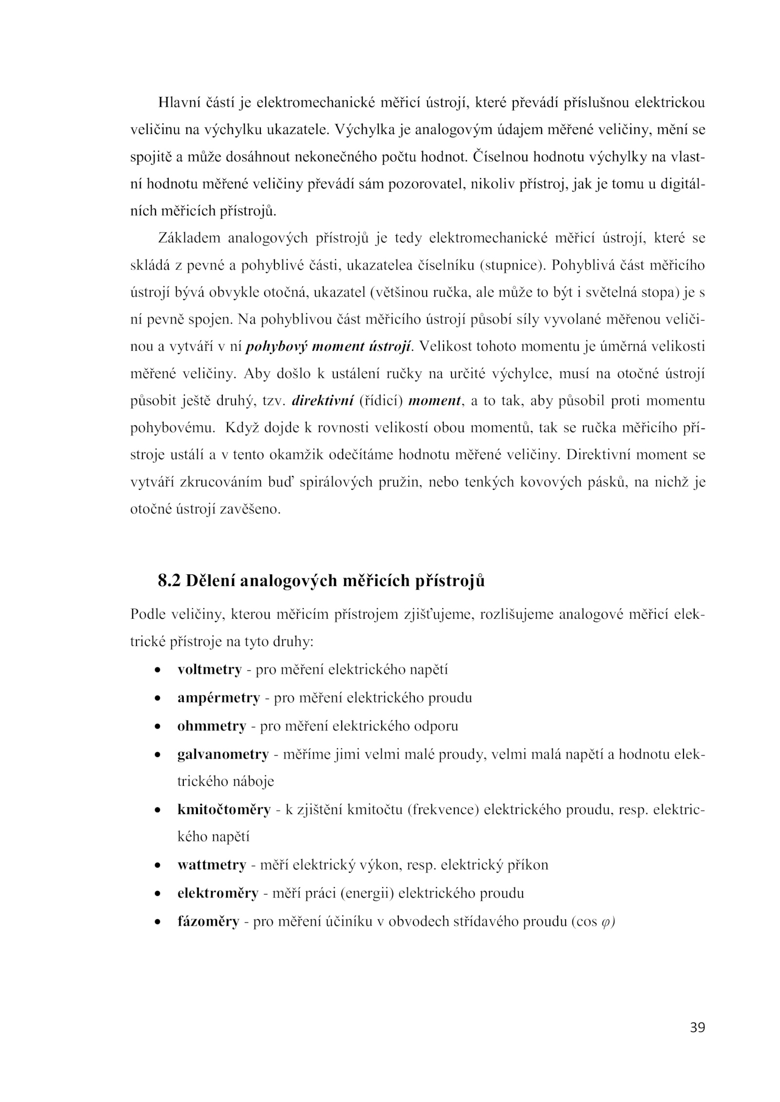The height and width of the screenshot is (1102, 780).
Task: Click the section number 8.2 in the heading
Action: tap(169, 581)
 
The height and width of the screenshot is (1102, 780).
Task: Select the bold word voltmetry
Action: tap(209, 670)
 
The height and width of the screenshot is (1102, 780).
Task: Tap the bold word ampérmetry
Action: tap(218, 698)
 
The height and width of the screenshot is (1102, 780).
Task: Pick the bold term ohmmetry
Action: tap(212, 726)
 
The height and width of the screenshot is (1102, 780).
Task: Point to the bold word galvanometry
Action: tap(223, 754)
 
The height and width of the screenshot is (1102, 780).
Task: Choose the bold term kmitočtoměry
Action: tap(224, 810)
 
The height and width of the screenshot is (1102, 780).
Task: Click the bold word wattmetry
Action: tap(212, 865)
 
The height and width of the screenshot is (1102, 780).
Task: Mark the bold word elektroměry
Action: tap(217, 893)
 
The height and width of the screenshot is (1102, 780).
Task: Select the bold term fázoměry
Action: tap(208, 922)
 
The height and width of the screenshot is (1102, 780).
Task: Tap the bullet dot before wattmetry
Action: tap(157, 866)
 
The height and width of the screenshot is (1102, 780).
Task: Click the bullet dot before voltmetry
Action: tap(157, 670)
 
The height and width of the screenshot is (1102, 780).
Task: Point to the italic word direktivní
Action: tap(322, 401)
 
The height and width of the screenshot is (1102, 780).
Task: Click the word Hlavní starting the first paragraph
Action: tap(177, 103)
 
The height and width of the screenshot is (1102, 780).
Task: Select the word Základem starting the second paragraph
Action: tap(189, 238)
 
